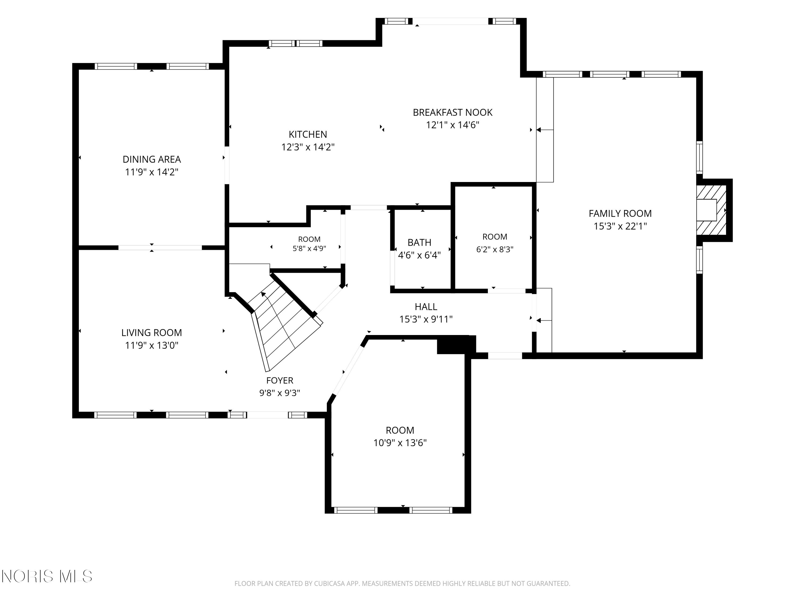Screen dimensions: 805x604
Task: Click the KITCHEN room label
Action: coord(308,134)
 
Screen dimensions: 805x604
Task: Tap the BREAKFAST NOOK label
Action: coord(452,112)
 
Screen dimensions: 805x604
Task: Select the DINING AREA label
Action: coord(152,159)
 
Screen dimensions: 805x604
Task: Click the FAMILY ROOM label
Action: coord(620,213)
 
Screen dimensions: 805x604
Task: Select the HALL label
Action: coord(426,307)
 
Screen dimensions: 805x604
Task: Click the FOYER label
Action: coord(280,380)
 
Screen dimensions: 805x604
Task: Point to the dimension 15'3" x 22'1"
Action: coord(620,226)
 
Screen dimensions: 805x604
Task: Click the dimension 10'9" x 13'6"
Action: coord(400,443)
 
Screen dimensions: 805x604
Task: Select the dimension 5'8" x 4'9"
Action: coord(309,249)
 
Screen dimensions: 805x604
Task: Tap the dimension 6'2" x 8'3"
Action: coord(495,249)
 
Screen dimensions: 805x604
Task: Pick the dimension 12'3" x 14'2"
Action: coord(308,147)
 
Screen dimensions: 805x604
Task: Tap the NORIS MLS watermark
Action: coord(47,576)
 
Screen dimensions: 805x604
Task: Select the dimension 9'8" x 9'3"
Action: coord(280,393)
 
